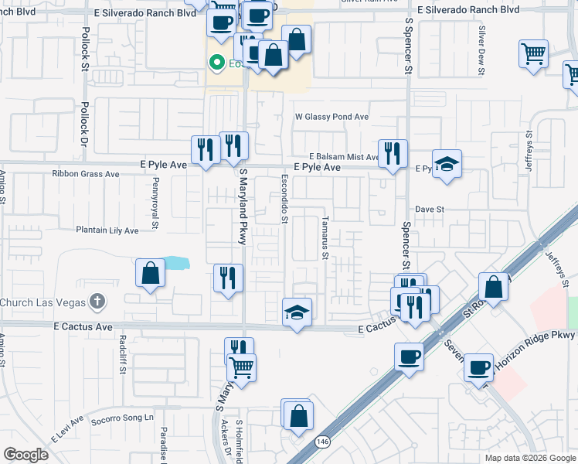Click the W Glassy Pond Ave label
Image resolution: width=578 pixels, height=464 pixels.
tap(331, 117)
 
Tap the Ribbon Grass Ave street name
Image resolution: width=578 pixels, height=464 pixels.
tap(86, 174)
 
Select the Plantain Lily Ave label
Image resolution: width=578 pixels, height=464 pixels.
tap(107, 230)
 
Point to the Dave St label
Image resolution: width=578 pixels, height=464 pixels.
tap(430, 210)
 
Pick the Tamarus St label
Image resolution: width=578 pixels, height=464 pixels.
tap(326, 238)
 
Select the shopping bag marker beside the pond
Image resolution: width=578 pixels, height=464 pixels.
tap(150, 274)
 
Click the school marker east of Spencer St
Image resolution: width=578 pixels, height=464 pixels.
tap(447, 164)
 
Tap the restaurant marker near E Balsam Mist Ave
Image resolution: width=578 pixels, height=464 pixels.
tap(393, 154)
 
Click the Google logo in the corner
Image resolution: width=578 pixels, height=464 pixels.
tap(25, 455)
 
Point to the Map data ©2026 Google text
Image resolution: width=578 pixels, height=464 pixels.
tap(529, 458)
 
